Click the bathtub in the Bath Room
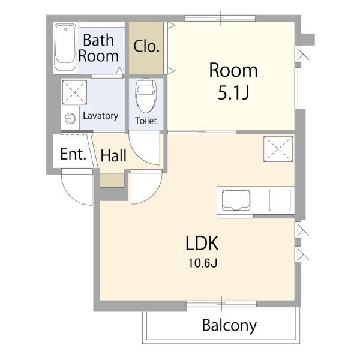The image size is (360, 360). pos(65,47)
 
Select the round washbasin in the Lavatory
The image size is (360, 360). pos(70,119)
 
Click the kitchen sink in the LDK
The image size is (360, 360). pos(236,200)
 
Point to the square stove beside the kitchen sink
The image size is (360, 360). pos(280,200)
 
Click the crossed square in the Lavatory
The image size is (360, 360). pos(74,92)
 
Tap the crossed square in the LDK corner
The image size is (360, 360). pos(278,149)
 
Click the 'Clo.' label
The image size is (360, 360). pos(146,46)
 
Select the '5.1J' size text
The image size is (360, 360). pos(233,93)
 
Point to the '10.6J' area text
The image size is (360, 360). pos(203,263)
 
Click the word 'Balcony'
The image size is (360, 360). pos(229,326)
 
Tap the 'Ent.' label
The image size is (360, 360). pos(73,154)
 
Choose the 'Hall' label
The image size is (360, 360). pos(113,155)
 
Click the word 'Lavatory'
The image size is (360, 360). pos(101,116)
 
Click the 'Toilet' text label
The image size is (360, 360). pos(146,121)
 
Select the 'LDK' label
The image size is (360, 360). pos(202,244)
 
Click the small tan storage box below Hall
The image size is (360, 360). pos(112,180)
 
